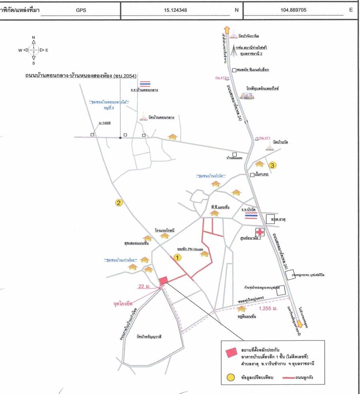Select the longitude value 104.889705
point(296,8)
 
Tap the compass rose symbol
point(34,50)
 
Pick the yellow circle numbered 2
point(119,203)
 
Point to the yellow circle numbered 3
point(272,164)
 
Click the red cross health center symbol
point(260,232)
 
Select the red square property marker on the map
point(163,281)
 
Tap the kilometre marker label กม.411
point(264,138)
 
